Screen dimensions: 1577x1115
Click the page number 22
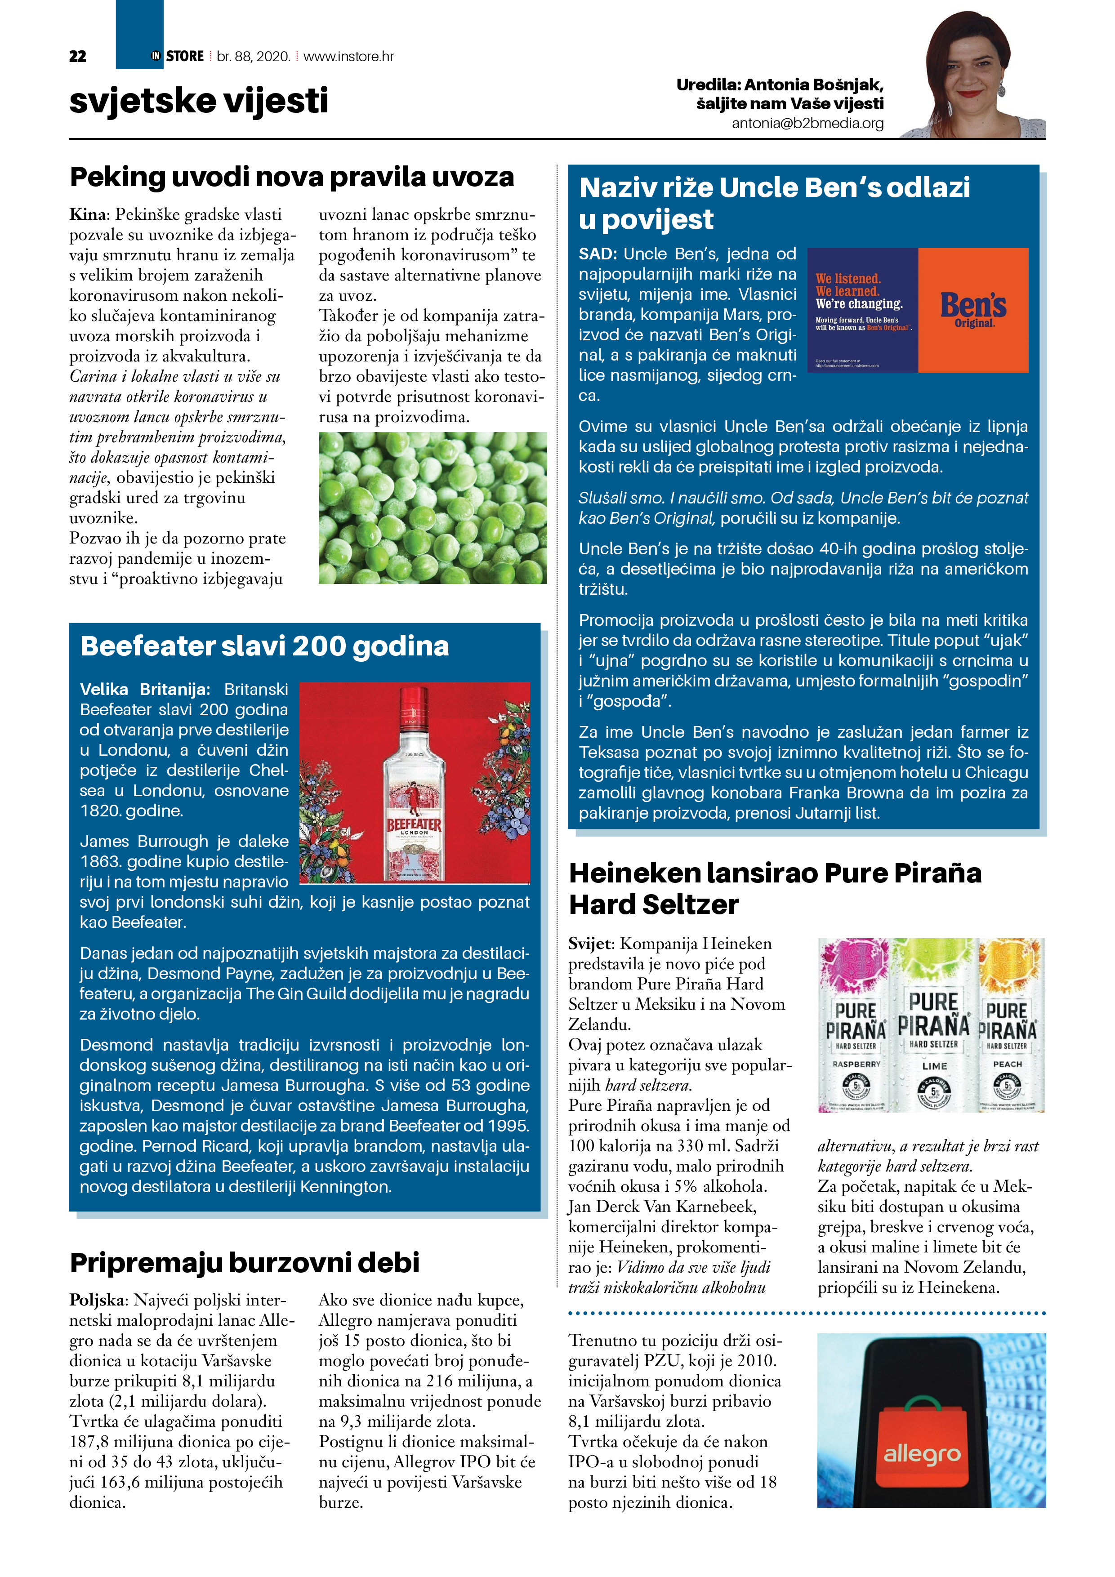click(x=78, y=56)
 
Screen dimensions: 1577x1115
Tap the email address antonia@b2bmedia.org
click(x=807, y=124)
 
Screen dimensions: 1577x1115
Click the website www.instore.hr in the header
click(x=348, y=56)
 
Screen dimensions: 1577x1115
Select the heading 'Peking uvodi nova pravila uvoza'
click(x=292, y=177)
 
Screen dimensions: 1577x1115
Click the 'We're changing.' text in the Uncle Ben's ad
click(x=859, y=303)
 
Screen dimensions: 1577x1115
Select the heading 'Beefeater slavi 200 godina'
click(x=264, y=646)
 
